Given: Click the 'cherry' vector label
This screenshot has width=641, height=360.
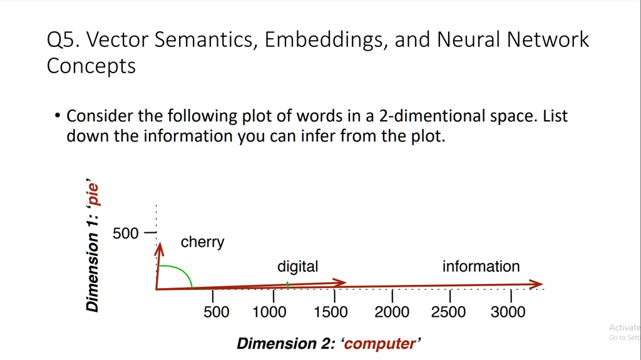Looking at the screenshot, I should coord(202,242).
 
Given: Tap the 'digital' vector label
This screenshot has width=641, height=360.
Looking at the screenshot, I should coord(297,267).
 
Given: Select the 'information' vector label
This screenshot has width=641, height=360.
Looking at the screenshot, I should coord(481,267).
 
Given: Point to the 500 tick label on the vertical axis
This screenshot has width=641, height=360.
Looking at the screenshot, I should coord(125,234).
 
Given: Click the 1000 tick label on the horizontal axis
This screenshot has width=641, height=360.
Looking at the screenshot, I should coord(270,312).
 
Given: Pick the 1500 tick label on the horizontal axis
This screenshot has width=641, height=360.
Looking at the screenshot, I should coord(331,312).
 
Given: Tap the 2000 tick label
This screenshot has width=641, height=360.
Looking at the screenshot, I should coord(392,312).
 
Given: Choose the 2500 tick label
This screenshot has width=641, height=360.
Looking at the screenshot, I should coord(448,312).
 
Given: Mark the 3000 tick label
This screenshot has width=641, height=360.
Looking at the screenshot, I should coord(508,312).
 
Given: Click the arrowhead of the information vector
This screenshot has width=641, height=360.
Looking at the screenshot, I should coord(538,284).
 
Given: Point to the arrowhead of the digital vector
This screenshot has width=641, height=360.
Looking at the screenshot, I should coord(341,282).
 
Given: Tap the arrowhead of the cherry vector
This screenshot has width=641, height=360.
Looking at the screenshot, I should coord(160,248).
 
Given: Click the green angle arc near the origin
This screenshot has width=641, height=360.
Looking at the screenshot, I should coord(182,272).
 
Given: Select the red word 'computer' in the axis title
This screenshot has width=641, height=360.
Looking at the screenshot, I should coord(379,344).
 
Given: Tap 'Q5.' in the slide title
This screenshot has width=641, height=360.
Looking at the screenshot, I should coord(63,40).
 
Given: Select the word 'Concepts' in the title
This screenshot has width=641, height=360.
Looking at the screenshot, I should coord(91,66).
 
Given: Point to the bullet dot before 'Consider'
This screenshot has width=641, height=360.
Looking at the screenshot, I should coord(57,116).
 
